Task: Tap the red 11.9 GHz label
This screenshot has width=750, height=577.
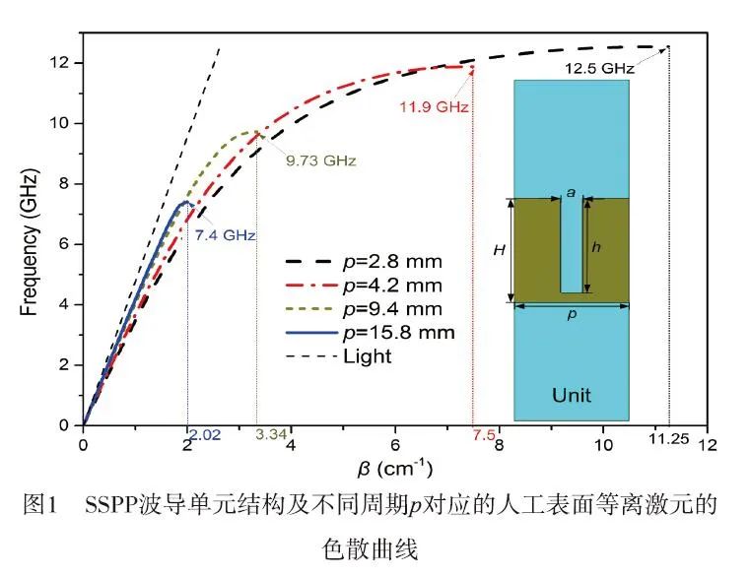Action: pyautogui.click(x=434, y=106)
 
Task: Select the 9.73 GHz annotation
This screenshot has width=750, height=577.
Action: pyautogui.click(x=321, y=160)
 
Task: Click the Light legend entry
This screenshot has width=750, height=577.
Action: pyautogui.click(x=367, y=355)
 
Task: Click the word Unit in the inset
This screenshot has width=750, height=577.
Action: pyautogui.click(x=572, y=395)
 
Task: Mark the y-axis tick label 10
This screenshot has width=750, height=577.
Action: pyautogui.click(x=60, y=123)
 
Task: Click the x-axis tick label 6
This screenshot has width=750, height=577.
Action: pyautogui.click(x=395, y=445)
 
